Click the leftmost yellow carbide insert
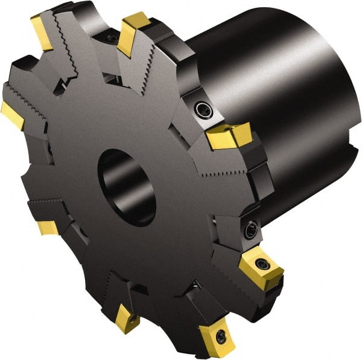pos(13,114)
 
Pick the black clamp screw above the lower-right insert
pos(250,229)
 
